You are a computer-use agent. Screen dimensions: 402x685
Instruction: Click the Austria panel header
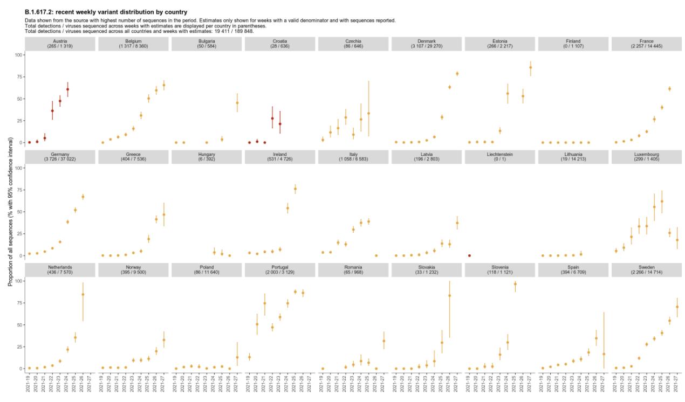(x=60, y=44)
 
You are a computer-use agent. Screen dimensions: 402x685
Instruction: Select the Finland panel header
(x=573, y=44)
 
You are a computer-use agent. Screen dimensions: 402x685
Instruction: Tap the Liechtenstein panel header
(x=499, y=157)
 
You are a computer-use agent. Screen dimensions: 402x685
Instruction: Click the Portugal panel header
(x=279, y=270)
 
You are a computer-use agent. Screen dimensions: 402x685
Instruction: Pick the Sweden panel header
(x=646, y=270)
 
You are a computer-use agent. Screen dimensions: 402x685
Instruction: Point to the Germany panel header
(x=60, y=157)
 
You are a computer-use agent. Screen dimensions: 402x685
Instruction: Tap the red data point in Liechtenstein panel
(x=469, y=255)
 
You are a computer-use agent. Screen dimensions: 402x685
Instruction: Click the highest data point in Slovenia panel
(x=515, y=284)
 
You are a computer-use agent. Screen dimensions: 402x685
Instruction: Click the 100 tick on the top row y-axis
(x=19, y=55)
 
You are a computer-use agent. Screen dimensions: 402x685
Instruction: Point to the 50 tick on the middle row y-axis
(x=20, y=212)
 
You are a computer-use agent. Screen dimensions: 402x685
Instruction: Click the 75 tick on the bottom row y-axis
(x=20, y=303)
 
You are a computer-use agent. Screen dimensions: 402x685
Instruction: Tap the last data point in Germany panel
(x=83, y=197)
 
